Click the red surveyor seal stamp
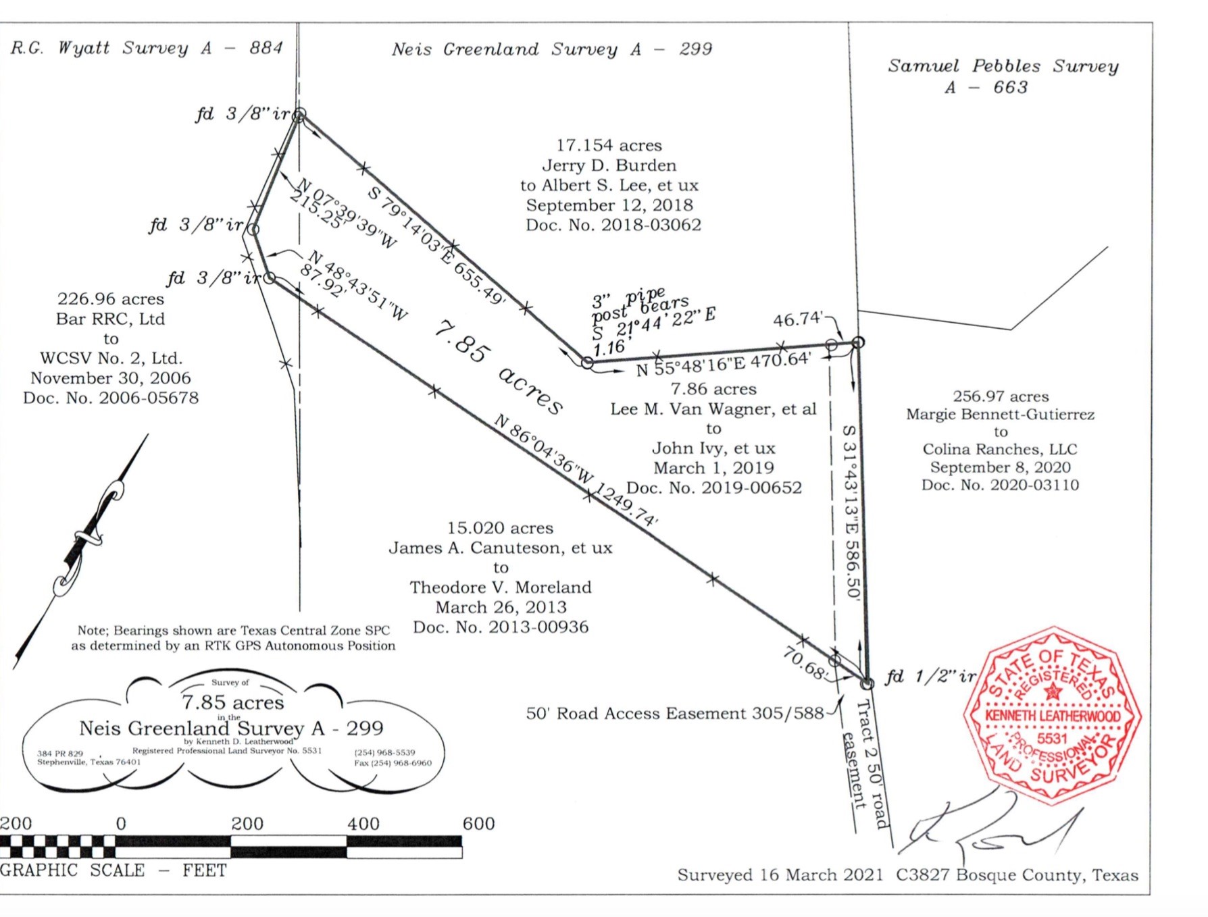pos(1051,717)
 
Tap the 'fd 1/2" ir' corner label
pos(930,676)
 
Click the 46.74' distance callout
pos(798,319)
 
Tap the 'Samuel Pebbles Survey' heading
pos(1003,66)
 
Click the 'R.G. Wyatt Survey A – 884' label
pos(146,48)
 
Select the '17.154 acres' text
pos(609,145)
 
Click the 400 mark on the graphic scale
pos(363,823)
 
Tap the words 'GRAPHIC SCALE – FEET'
pos(113,870)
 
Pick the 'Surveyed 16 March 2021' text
pos(780,875)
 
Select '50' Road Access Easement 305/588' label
pos(674,714)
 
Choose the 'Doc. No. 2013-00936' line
pos(501,627)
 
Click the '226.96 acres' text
pos(110,299)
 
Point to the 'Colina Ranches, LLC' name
pos(1000,450)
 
